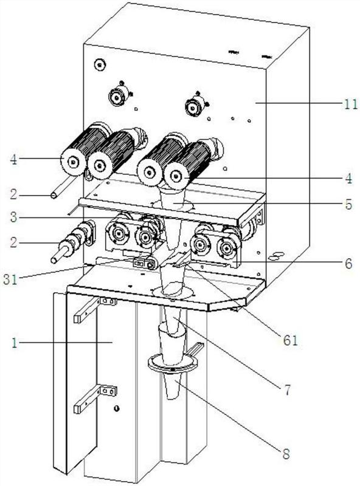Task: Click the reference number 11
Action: (351, 104)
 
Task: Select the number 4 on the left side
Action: (13, 160)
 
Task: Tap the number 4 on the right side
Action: (349, 179)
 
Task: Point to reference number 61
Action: (290, 340)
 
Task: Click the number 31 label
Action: (10, 279)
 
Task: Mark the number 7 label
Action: (288, 391)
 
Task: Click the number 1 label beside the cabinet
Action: (13, 343)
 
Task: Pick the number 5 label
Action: (349, 204)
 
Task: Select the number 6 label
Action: (349, 264)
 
